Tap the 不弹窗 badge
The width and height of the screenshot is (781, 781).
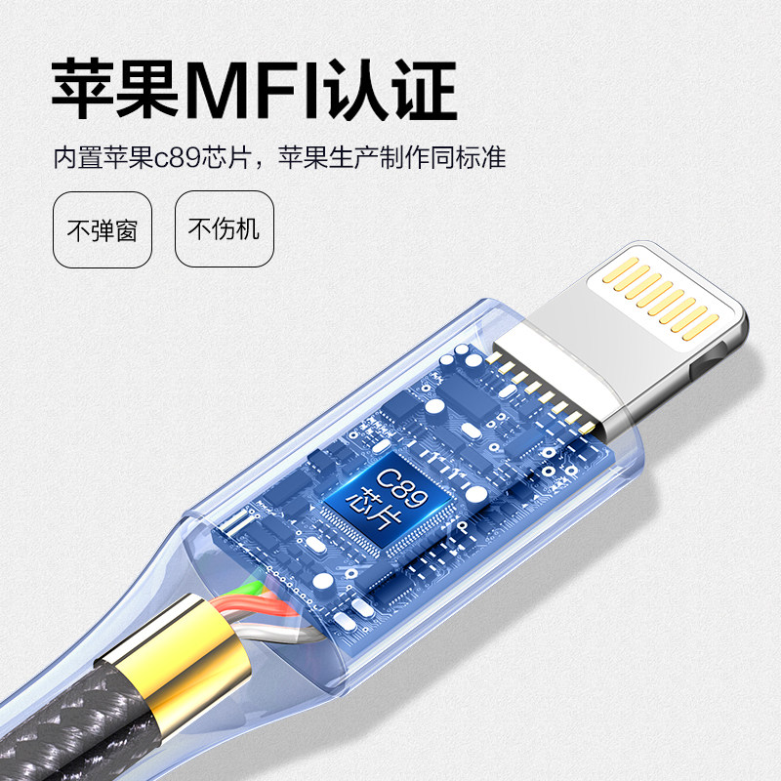[103, 229]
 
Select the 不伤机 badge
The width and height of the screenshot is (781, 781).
[224, 229]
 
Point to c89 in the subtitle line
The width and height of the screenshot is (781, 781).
[173, 158]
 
